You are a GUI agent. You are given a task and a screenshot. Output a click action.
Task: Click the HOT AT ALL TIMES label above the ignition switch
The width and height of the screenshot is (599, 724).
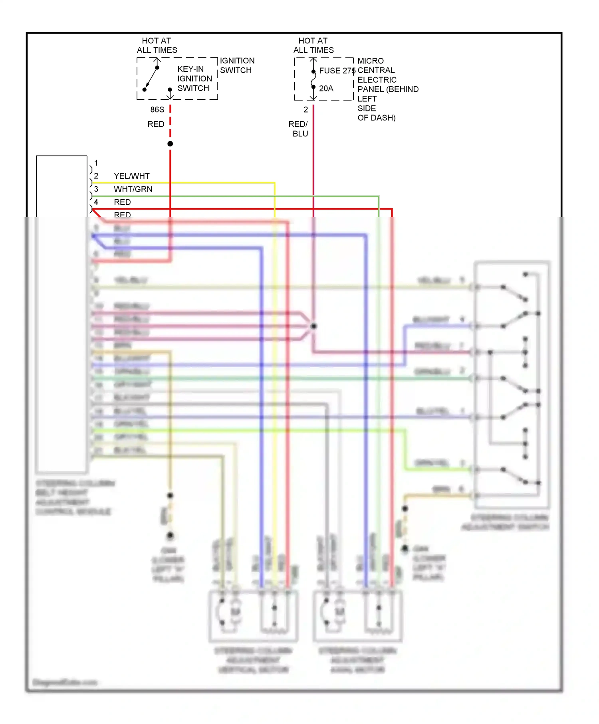(x=157, y=45)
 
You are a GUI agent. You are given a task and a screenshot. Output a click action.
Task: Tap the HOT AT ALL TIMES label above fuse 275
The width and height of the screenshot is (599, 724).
(x=313, y=45)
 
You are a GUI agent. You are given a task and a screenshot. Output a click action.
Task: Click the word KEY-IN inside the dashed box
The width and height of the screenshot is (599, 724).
(x=190, y=69)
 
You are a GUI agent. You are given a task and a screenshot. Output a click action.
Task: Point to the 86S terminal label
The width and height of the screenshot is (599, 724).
(x=157, y=109)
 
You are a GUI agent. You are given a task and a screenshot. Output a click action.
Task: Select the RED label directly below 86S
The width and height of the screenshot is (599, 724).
(x=156, y=124)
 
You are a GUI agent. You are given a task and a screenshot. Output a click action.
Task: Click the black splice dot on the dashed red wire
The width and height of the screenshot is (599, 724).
(x=170, y=144)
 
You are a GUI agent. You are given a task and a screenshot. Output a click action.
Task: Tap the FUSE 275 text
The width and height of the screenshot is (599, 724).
(x=337, y=71)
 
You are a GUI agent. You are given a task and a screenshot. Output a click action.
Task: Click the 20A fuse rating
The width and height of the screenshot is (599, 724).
(x=326, y=88)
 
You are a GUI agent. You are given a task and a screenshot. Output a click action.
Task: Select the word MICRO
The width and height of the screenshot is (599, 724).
(x=371, y=61)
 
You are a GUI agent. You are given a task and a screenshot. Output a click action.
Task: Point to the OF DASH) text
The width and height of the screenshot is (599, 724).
(x=376, y=118)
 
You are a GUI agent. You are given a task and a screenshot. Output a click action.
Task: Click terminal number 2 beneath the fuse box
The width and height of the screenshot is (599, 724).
(x=305, y=109)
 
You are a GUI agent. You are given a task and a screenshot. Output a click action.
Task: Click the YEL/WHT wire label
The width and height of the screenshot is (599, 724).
(x=132, y=176)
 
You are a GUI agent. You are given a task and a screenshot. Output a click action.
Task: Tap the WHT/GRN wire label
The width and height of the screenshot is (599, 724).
(x=133, y=189)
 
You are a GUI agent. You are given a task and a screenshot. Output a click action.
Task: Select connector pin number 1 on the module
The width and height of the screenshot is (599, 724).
(x=96, y=163)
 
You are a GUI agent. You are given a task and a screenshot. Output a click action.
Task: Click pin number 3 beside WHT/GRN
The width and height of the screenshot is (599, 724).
(x=96, y=189)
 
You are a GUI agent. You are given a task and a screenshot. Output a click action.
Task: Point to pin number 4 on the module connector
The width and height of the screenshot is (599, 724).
(x=96, y=202)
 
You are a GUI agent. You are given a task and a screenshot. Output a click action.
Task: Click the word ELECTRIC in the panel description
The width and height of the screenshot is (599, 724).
(x=377, y=80)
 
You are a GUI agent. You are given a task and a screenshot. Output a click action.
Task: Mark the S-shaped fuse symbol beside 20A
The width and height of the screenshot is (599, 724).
(x=313, y=79)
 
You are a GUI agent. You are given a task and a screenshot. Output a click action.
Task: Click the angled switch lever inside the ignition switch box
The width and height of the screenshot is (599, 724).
(x=151, y=78)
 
